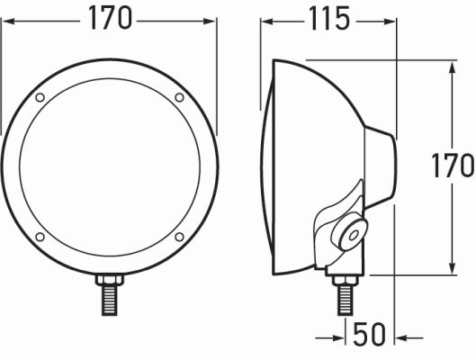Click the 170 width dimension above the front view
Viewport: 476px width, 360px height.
110,18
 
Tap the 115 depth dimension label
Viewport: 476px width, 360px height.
329,19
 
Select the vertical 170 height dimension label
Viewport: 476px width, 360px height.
453,166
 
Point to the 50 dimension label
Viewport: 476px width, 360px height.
370,334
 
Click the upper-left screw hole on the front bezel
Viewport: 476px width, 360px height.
40,97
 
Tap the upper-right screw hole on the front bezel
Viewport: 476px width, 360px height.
179,97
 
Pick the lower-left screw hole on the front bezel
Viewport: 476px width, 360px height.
40,237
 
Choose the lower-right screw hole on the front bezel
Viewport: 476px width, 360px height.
179,237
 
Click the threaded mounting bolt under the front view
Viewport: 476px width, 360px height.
110,300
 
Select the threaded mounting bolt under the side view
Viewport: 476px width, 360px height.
345,300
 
